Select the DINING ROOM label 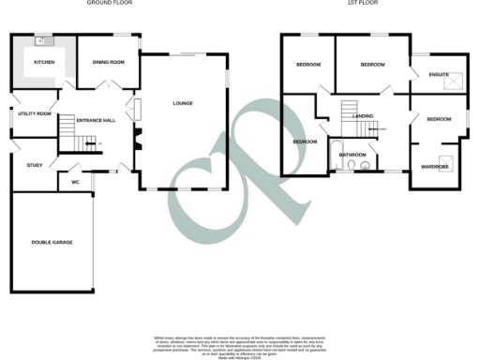click(x=108, y=62)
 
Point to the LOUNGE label click(x=183, y=103)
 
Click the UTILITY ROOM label click(x=33, y=113)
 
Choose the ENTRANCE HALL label click(x=95, y=120)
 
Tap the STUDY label click(x=35, y=165)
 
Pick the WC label click(x=75, y=182)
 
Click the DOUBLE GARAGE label click(x=51, y=242)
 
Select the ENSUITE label click(x=439, y=74)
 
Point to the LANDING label click(x=363, y=116)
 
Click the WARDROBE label click(x=435, y=167)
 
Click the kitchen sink click(x=41, y=41)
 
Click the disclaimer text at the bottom click(x=239, y=342)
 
